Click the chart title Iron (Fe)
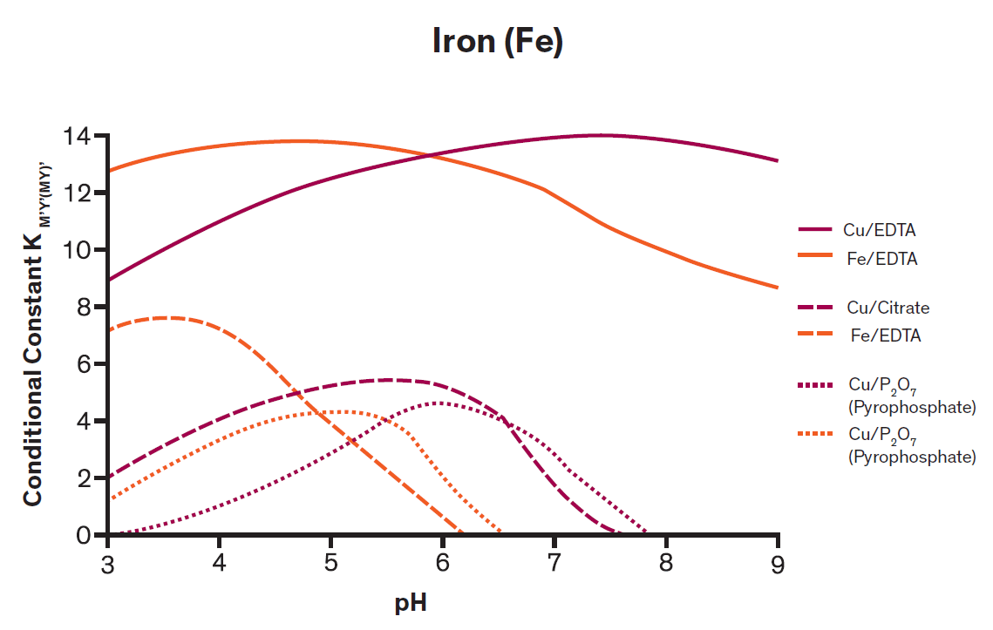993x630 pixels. click(x=497, y=41)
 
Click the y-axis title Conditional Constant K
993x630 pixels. click(x=34, y=336)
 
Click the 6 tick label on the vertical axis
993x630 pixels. click(x=84, y=364)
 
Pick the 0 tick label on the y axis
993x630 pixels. click(x=84, y=535)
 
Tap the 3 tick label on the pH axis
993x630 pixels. click(x=108, y=564)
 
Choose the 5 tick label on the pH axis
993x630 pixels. click(x=331, y=564)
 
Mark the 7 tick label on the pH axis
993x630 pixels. click(x=554, y=564)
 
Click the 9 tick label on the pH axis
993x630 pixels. click(x=778, y=564)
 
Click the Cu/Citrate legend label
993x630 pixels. click(x=888, y=308)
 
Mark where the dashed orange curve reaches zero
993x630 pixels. click(x=461, y=533)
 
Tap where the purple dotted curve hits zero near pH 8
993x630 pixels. click(x=646, y=532)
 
